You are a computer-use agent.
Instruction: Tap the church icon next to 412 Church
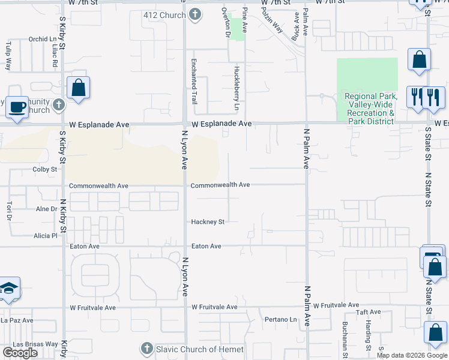[x=194, y=15]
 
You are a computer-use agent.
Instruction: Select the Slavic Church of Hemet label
[x=200, y=349]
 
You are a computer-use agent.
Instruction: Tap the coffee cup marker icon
[x=17, y=107]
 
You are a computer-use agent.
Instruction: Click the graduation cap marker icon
[x=9, y=290]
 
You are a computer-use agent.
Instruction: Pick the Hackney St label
[x=208, y=222]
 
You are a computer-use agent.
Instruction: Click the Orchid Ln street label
[x=42, y=40]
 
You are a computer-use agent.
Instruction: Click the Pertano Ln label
[x=281, y=320]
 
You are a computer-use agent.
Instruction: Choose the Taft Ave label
[x=367, y=312]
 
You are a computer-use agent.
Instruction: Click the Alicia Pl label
[x=45, y=236]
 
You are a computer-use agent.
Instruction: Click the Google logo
[x=20, y=353]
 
